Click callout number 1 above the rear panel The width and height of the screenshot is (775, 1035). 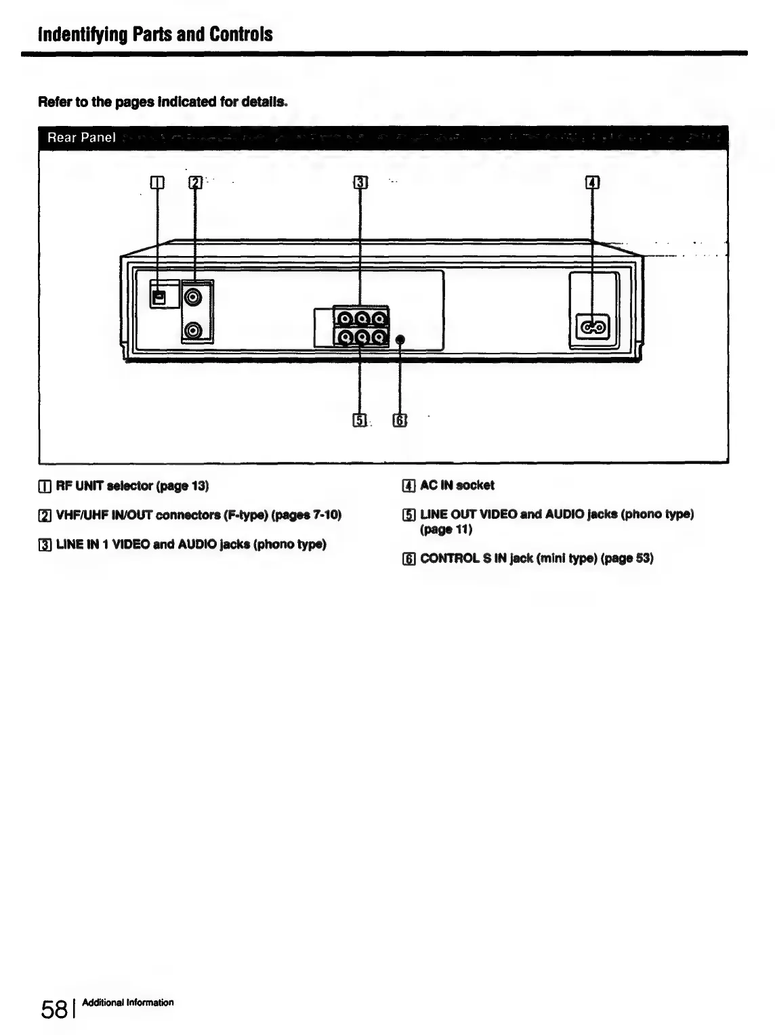(x=156, y=182)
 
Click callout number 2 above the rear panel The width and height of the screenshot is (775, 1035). (x=195, y=182)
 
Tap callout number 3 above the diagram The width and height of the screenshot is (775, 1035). (x=360, y=182)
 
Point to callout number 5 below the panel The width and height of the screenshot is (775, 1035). (x=360, y=421)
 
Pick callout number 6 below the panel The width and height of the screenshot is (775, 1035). (x=400, y=421)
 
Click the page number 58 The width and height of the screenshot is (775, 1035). (x=54, y=1009)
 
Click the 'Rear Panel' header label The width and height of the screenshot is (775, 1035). (x=81, y=138)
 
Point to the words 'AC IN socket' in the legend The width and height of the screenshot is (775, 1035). (x=457, y=485)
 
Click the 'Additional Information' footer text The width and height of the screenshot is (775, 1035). (x=127, y=1002)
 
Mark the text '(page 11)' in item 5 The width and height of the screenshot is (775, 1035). (x=446, y=529)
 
